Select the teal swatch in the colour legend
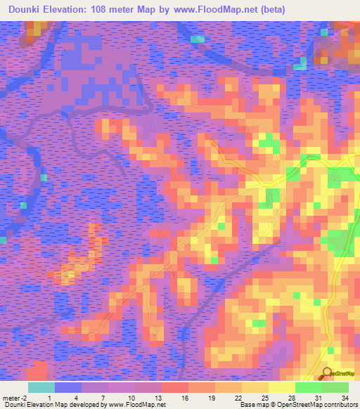(x=41, y=387)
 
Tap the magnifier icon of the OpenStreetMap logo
(x=326, y=374)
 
